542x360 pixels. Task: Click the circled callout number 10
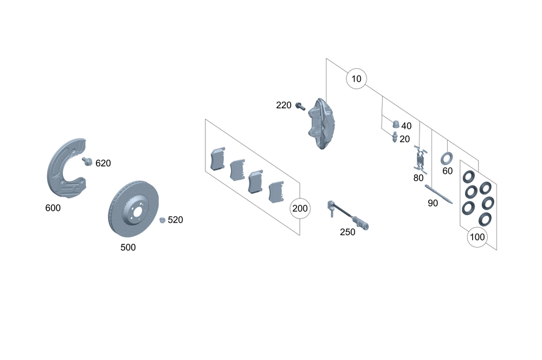356,79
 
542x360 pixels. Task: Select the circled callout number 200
300,208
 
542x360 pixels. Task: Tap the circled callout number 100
478,237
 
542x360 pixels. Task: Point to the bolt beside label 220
300,106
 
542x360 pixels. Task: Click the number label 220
283,105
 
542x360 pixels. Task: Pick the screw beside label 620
87,161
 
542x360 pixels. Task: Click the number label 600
53,208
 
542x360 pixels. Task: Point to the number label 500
128,248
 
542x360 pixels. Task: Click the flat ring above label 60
447,159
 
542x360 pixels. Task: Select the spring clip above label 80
420,159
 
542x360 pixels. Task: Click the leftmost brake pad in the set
218,159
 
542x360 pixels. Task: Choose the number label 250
347,232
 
